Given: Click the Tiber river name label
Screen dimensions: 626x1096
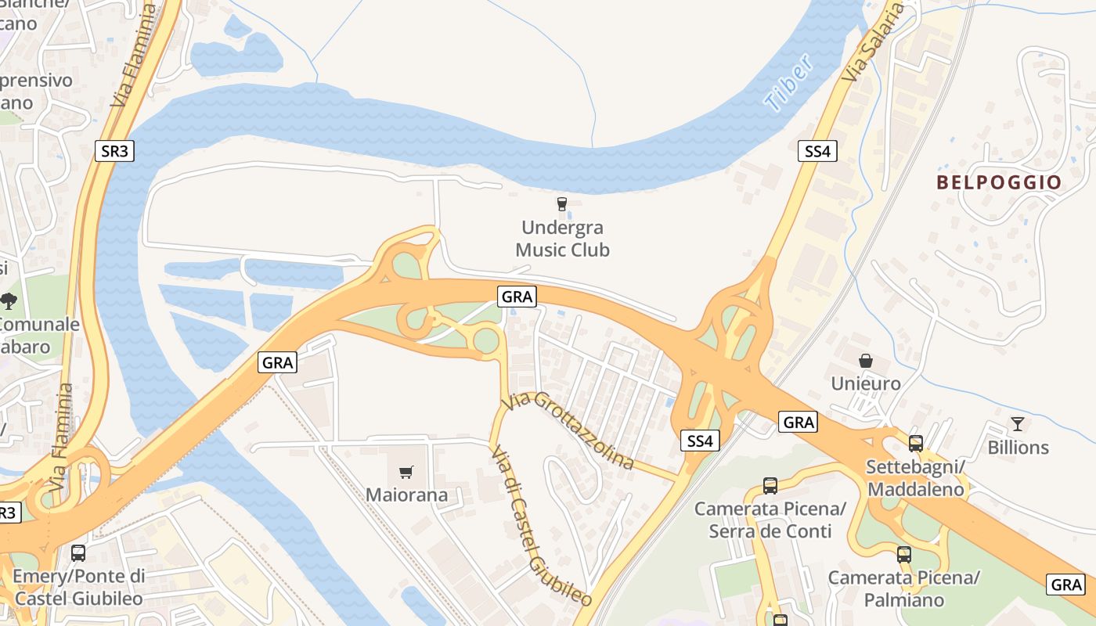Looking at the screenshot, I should click(789, 84).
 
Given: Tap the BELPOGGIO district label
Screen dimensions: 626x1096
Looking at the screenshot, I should click(999, 182).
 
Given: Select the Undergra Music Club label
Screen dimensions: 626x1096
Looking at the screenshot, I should click(562, 239).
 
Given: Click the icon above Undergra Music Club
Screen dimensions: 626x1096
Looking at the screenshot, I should click(561, 204).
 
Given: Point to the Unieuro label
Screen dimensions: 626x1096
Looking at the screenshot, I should click(866, 383).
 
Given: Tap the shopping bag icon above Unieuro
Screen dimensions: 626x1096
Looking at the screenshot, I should click(866, 361).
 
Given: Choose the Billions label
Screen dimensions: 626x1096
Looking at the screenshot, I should click(1018, 448).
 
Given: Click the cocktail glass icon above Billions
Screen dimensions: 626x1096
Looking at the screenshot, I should click(1017, 424).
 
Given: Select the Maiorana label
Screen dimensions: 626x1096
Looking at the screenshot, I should click(406, 495).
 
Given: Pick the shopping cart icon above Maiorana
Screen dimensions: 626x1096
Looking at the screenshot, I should click(406, 472).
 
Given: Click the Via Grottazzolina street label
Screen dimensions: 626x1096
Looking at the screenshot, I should click(568, 430).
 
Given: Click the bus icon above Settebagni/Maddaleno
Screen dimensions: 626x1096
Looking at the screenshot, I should click(916, 444).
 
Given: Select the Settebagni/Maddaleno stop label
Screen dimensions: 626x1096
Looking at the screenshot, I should click(915, 478).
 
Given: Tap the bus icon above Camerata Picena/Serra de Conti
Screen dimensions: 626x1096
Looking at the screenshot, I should click(770, 486).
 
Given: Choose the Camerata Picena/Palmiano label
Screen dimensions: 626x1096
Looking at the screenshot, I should click(904, 589).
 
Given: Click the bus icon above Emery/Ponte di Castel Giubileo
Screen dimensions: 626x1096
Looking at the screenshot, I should click(78, 553).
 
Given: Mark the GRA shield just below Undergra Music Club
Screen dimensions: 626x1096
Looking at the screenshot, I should click(517, 297).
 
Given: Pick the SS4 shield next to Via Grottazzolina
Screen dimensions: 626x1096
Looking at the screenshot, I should click(699, 441).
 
